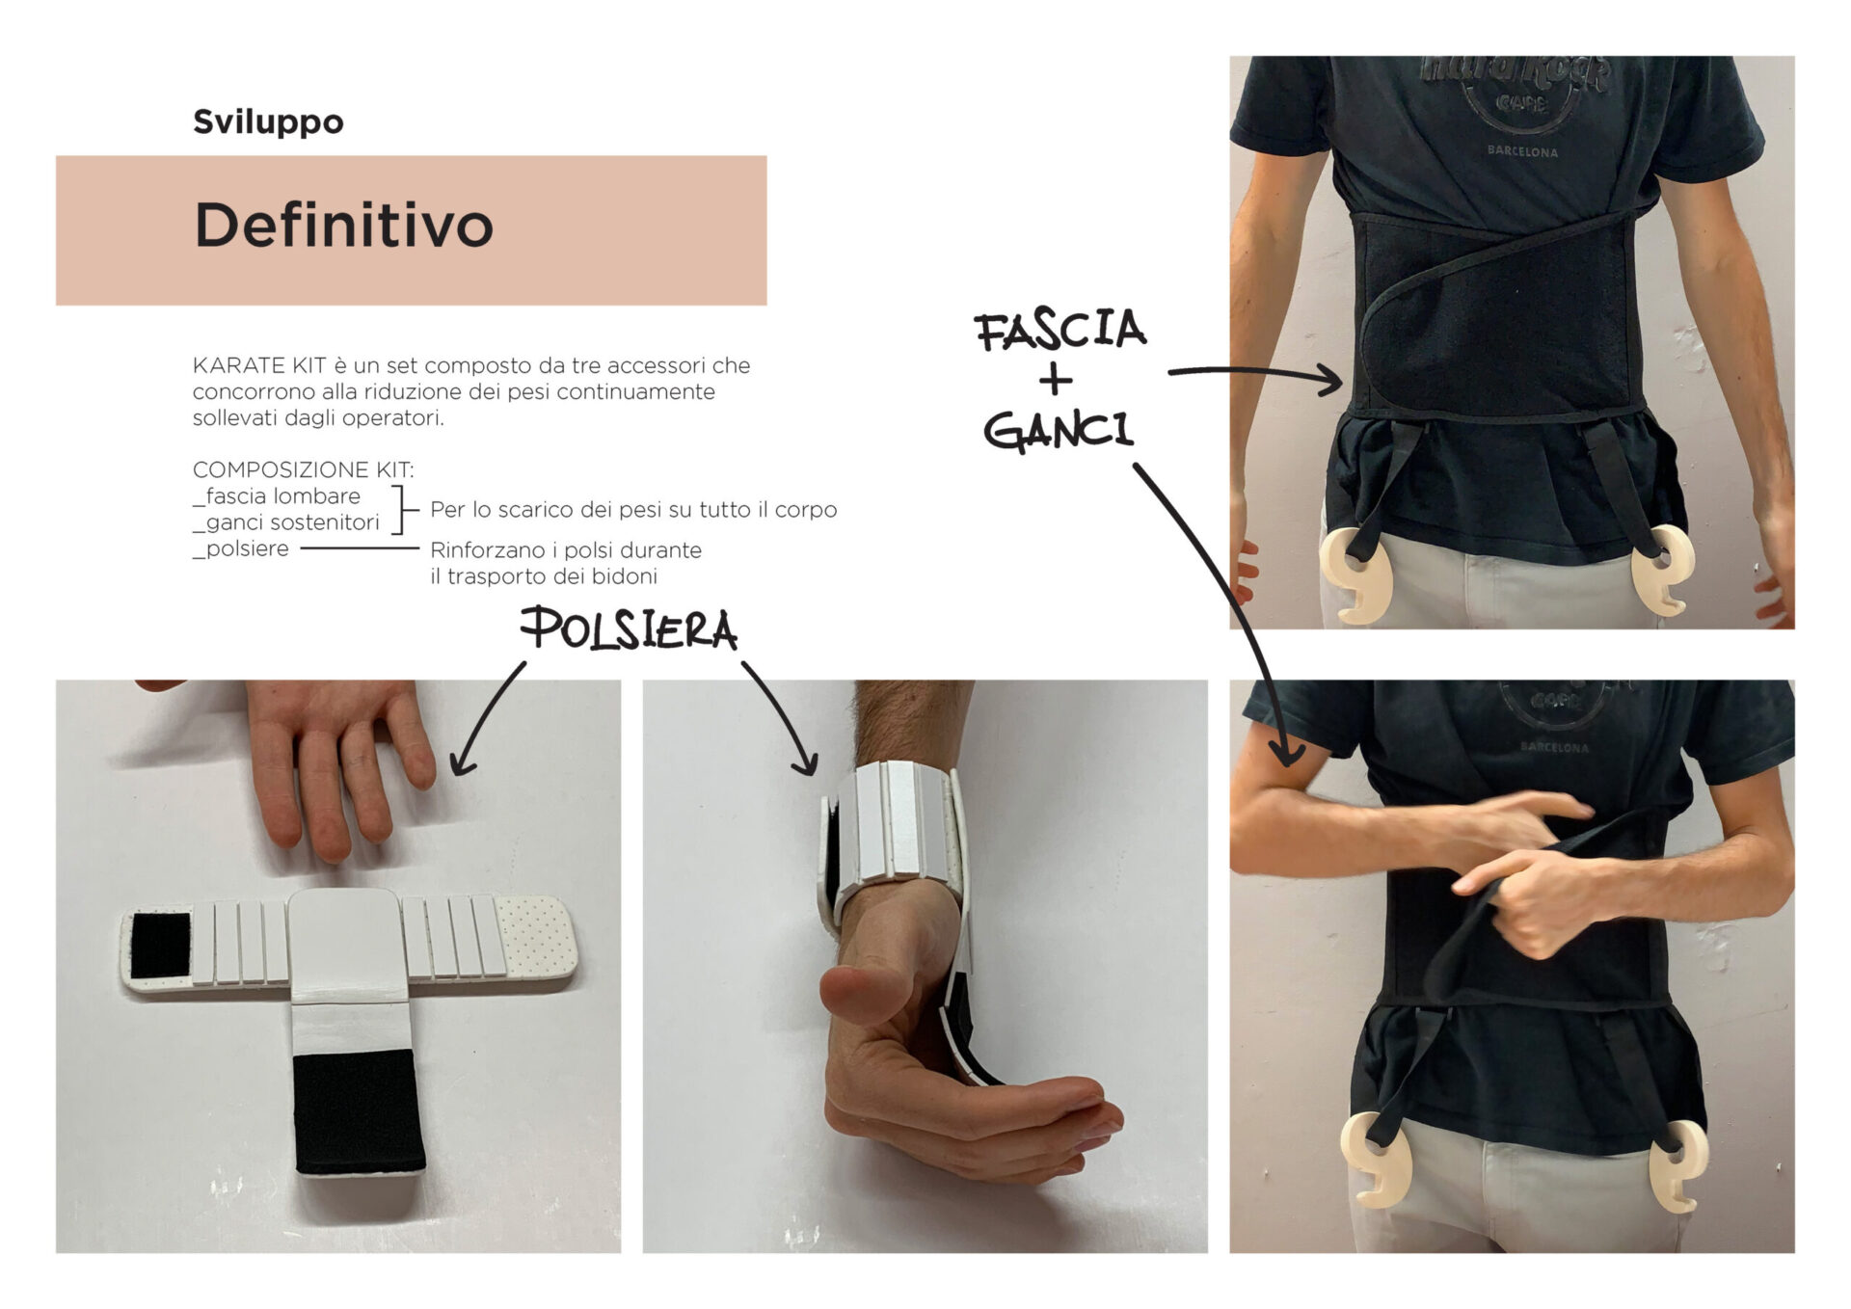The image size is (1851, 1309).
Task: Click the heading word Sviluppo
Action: click(x=268, y=122)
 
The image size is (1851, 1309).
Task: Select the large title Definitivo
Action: click(x=344, y=226)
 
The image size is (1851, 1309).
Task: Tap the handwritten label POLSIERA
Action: click(x=630, y=629)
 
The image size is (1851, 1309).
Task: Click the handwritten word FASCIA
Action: click(x=1060, y=331)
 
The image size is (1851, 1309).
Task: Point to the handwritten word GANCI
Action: click(x=1059, y=430)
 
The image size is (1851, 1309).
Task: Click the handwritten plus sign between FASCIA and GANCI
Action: click(x=1056, y=381)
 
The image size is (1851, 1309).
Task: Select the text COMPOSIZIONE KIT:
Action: click(x=303, y=469)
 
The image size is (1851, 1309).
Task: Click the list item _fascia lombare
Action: click(x=277, y=496)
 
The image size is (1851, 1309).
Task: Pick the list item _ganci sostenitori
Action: click(x=286, y=522)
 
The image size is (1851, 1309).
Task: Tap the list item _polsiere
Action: click(x=241, y=549)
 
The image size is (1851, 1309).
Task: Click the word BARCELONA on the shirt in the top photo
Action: click(x=1522, y=151)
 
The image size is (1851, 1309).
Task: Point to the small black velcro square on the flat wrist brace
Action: click(x=161, y=944)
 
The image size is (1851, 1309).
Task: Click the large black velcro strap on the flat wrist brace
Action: click(x=359, y=1111)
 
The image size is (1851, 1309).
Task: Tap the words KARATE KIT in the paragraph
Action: click(x=259, y=365)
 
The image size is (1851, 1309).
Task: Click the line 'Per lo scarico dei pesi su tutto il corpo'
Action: click(x=633, y=509)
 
